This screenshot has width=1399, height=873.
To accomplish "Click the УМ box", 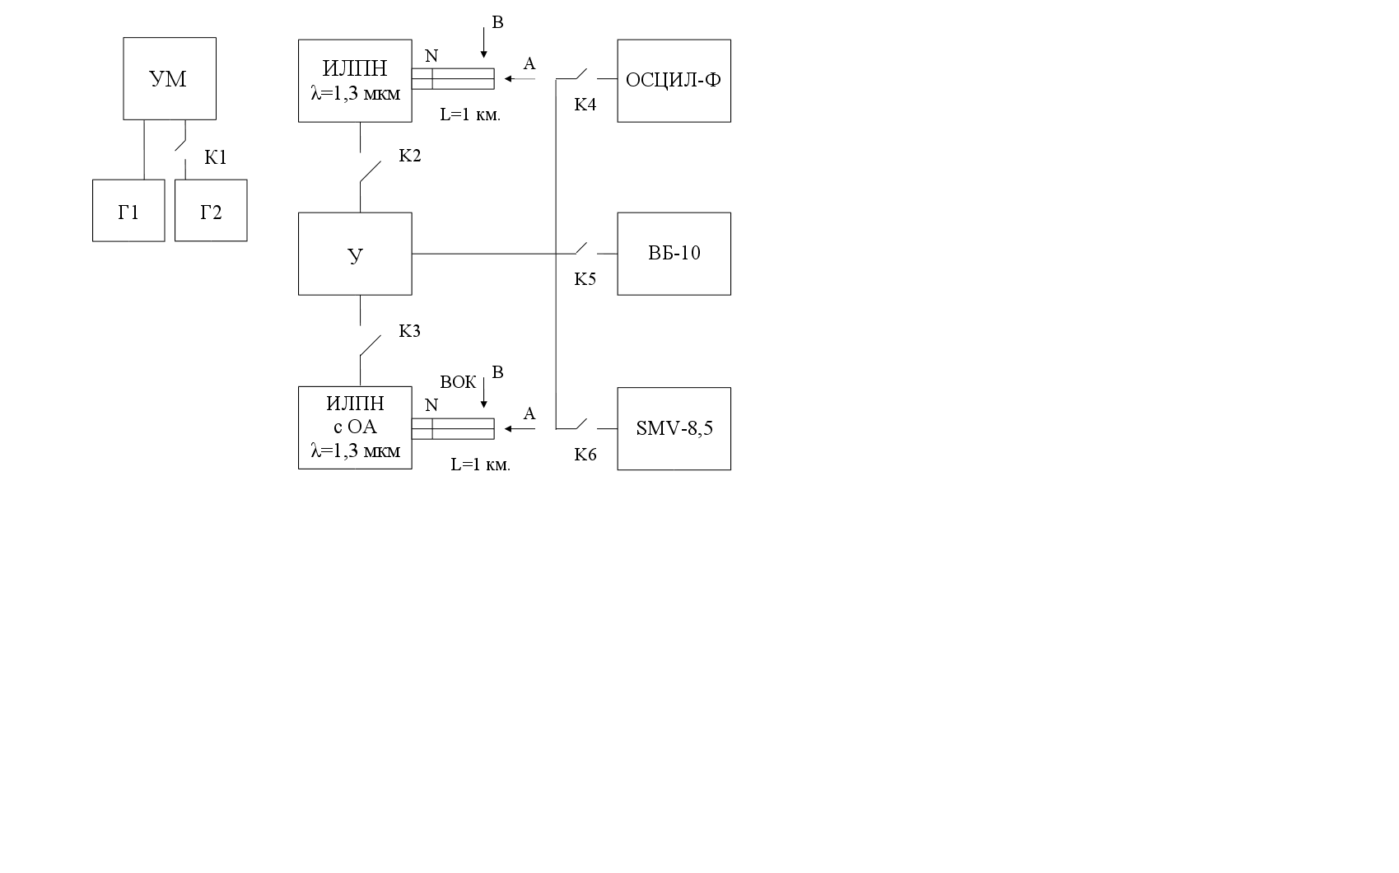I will click(170, 79).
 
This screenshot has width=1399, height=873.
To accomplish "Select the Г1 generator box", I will click(128, 211).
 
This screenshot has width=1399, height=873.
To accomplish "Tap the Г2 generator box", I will click(211, 211).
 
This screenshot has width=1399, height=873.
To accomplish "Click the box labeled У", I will click(355, 254).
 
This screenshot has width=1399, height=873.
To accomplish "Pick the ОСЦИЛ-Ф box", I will click(674, 81).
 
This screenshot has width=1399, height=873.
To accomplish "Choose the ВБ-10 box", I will click(674, 254).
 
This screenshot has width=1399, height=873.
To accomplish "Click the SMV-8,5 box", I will click(674, 428).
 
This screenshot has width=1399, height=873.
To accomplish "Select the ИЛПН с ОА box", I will click(355, 427).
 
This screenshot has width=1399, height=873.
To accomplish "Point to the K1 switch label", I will click(216, 158).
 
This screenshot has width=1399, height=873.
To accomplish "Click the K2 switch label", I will click(410, 156).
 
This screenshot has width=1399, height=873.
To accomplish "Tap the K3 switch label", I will click(410, 331).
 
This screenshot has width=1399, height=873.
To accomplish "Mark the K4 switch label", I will click(585, 105).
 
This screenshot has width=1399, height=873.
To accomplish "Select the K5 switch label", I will click(585, 279).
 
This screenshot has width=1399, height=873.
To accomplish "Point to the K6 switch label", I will click(585, 455).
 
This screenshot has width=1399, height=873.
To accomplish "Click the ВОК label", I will click(458, 382).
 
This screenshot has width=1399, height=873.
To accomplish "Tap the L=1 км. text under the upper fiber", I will click(470, 115).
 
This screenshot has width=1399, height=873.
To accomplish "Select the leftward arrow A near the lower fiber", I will click(520, 428).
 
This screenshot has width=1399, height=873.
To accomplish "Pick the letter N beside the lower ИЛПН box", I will click(431, 405).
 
